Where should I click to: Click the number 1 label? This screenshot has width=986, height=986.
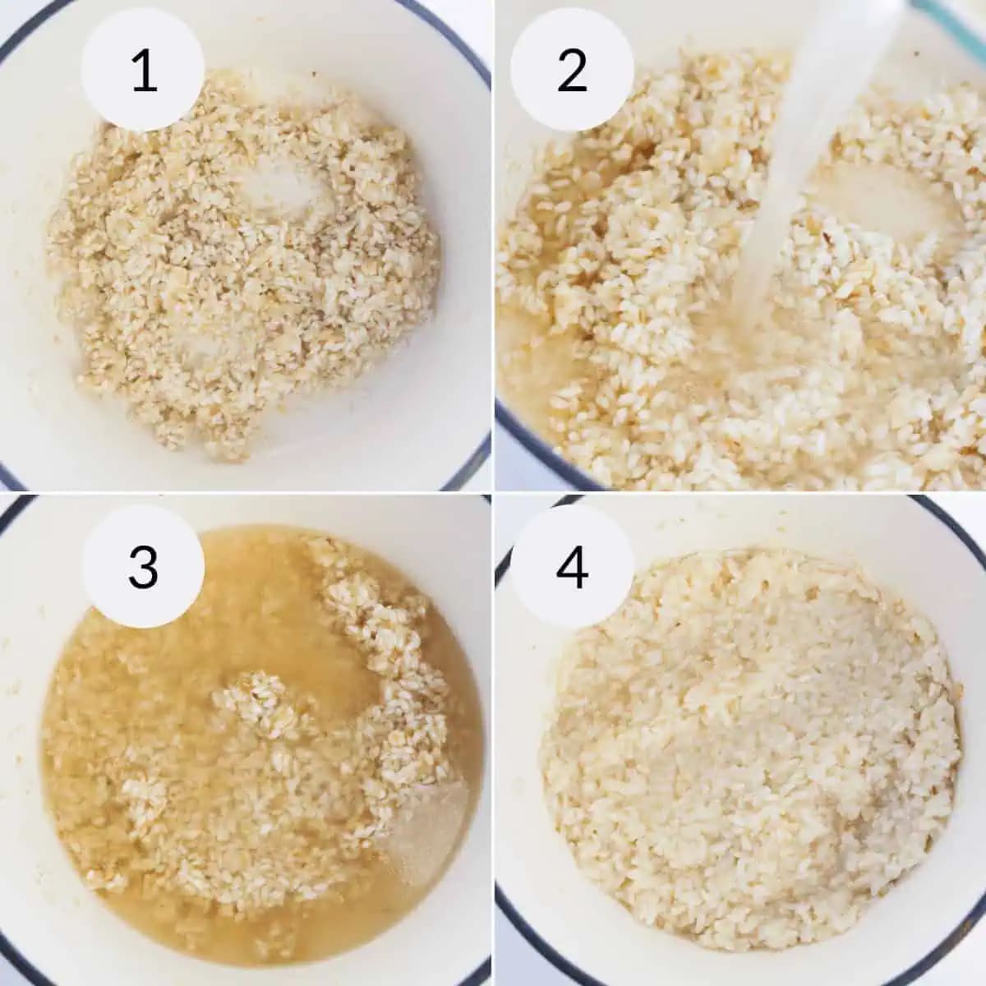[x=144, y=71]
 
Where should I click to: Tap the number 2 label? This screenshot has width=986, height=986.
[x=572, y=71]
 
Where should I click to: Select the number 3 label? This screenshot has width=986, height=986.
[x=144, y=567]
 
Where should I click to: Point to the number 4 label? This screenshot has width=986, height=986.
[x=572, y=567]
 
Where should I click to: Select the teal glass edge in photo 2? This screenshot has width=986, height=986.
[x=957, y=23]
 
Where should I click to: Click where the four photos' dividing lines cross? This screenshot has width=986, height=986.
[x=493, y=493]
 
